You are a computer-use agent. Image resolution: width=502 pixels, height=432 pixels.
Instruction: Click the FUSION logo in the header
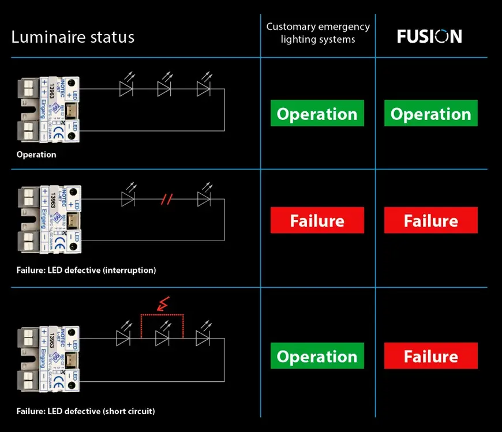coord(429,36)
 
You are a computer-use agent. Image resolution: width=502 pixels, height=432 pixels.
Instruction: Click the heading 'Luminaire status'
coord(73,37)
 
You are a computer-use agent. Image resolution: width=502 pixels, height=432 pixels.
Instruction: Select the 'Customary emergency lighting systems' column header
coord(318,33)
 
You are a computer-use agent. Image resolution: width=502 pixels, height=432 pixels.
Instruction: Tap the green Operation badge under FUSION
coord(431,114)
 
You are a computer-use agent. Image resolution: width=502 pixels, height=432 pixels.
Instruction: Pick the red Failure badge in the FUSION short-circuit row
coord(431,356)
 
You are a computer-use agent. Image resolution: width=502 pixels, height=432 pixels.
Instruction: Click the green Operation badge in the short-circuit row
coord(317,356)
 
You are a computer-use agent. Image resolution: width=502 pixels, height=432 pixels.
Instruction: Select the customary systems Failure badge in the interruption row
coord(317,220)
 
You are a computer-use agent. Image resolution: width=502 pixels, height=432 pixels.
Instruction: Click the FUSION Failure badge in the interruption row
coord(431,220)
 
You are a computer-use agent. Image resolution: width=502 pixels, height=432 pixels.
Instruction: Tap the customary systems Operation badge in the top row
coord(317,114)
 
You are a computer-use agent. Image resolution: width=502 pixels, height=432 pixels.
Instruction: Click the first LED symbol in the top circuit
coord(127,88)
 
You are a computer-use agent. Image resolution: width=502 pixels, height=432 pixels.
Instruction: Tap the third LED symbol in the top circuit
coord(203,88)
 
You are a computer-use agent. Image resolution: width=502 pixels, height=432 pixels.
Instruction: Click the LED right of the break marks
coord(203,199)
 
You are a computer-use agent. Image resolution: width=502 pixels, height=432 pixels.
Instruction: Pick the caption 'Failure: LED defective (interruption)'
coord(86,270)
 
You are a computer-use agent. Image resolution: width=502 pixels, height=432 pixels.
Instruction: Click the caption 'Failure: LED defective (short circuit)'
coord(85,411)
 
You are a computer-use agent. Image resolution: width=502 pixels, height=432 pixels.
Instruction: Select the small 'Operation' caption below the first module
coord(36,155)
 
